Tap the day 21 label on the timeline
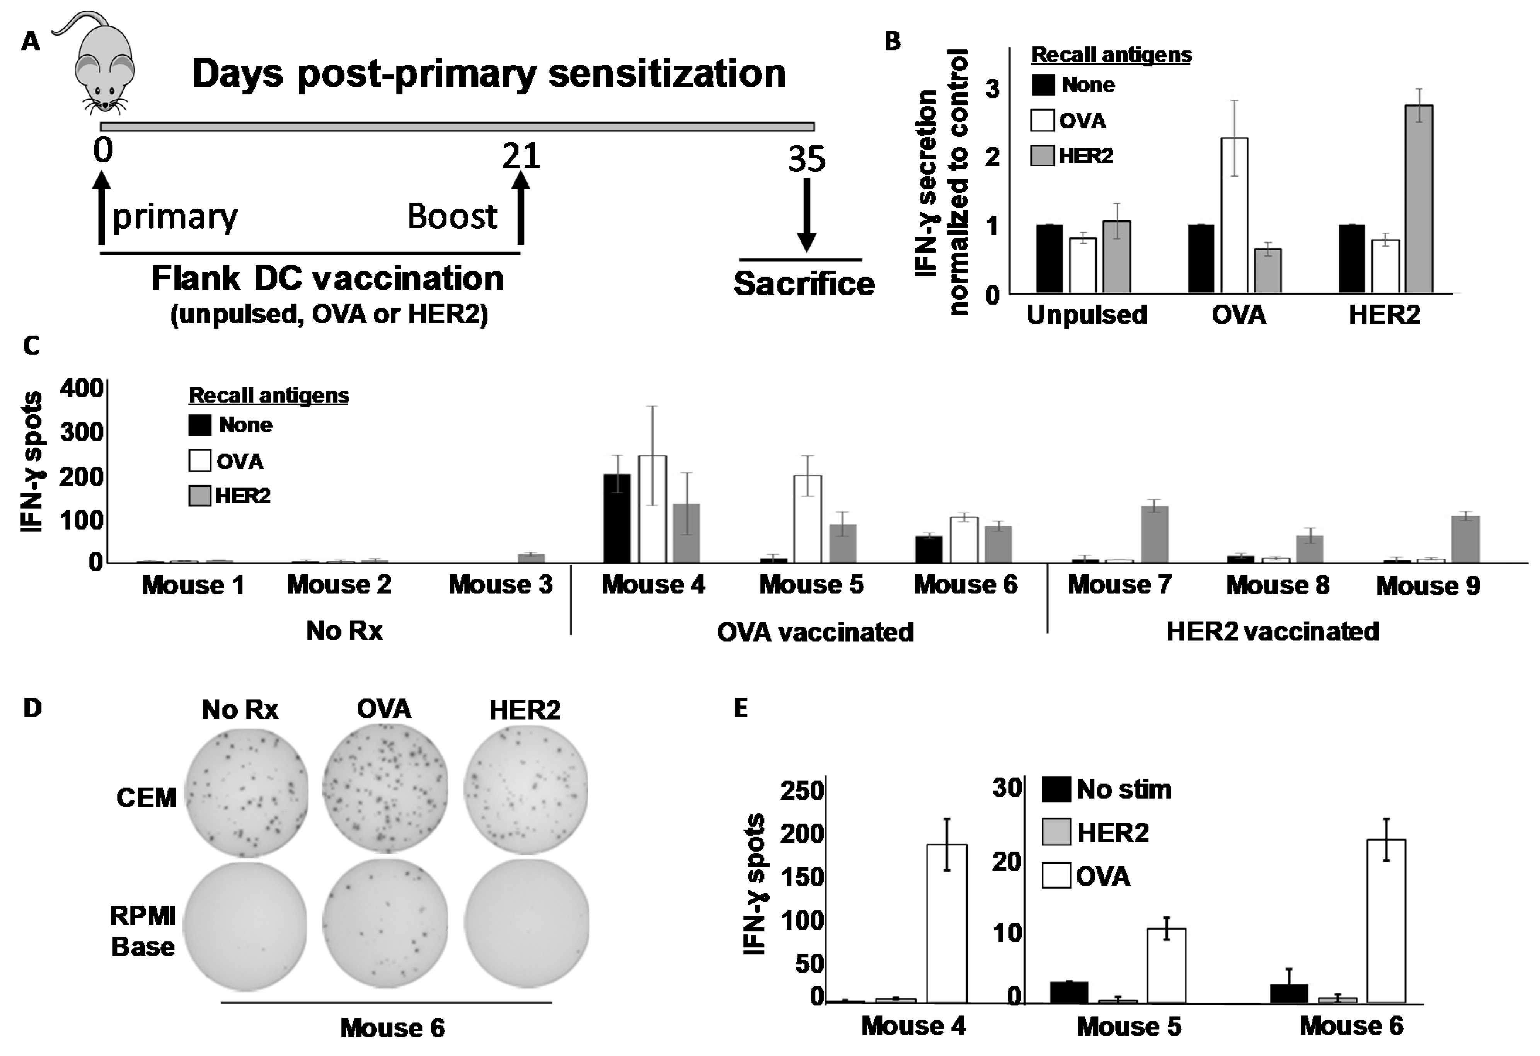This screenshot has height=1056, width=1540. tap(521, 156)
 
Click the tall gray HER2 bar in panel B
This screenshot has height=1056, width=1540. tap(1419, 199)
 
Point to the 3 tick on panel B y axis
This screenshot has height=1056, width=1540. tap(992, 89)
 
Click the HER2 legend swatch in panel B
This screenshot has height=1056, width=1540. tap(1043, 156)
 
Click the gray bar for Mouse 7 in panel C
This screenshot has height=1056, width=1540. tap(1154, 534)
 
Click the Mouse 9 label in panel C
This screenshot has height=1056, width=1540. tap(1428, 586)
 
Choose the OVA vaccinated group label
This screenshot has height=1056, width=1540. tap(815, 632)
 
